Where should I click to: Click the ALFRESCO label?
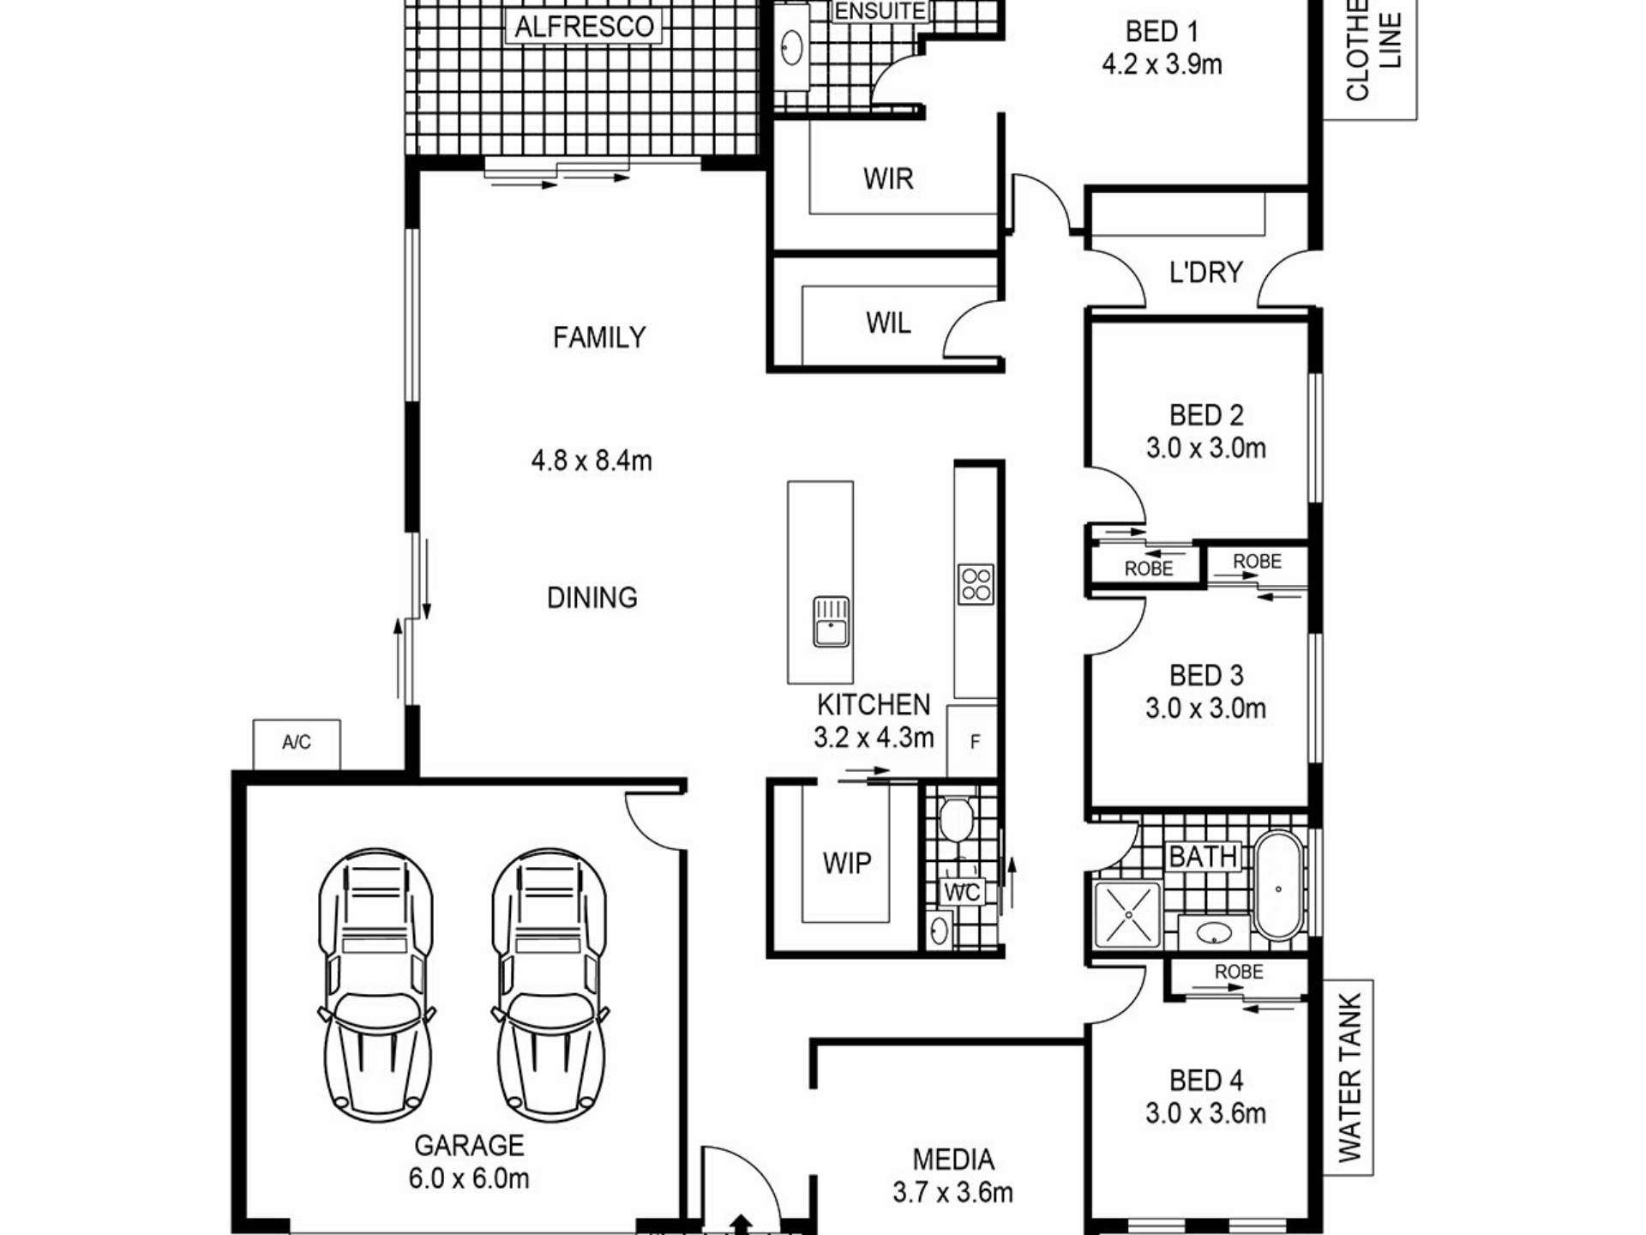click(x=585, y=27)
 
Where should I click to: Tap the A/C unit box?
click(x=297, y=744)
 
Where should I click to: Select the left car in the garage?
click(x=375, y=986)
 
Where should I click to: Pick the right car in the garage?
click(x=550, y=986)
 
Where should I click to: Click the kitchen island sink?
click(x=831, y=622)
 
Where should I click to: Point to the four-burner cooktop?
click(x=976, y=584)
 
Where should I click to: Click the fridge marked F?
click(x=973, y=742)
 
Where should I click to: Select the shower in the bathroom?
click(x=1128, y=915)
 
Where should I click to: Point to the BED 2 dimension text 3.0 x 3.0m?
click(x=1205, y=448)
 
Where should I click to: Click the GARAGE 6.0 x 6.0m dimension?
click(x=468, y=1178)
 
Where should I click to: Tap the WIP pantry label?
click(x=847, y=863)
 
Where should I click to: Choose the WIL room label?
click(x=888, y=323)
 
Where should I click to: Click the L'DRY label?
click(x=1205, y=272)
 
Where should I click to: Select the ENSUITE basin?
click(x=792, y=46)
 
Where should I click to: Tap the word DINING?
click(x=592, y=597)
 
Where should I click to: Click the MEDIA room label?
click(x=953, y=1160)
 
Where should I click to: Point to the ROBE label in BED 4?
click(x=1239, y=972)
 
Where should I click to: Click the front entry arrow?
click(x=742, y=1225)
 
